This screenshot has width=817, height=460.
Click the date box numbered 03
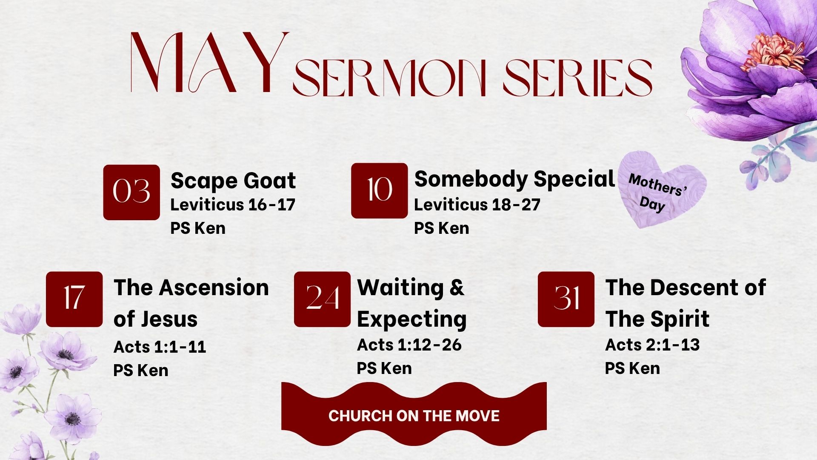pos(131,192)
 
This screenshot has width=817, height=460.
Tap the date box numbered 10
pos(379,190)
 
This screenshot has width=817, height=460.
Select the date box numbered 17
pos(74,299)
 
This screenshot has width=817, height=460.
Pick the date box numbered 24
pos(322,299)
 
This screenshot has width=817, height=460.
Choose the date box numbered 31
pos(566,299)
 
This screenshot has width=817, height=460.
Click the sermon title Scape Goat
pos(233,181)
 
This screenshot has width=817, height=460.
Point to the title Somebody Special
pos(514,178)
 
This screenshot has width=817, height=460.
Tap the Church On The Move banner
pos(414,415)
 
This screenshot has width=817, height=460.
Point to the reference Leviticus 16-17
pos(233,204)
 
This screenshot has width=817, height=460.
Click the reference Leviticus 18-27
pos(477,204)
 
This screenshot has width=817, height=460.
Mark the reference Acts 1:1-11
pos(160,347)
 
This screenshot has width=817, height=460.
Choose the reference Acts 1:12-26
pos(409,345)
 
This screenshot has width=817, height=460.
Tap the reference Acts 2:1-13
pos(652,345)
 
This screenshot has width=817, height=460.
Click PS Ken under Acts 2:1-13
pos(632,368)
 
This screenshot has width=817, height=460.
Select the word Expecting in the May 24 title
pos(411,319)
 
